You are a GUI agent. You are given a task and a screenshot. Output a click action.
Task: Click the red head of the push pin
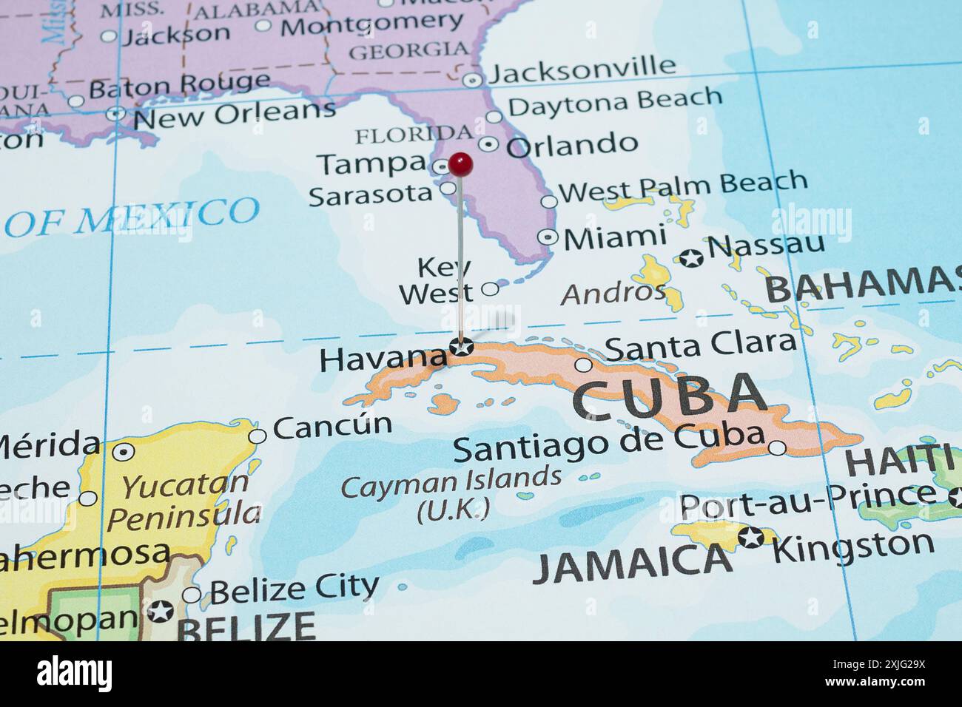coord(460,164)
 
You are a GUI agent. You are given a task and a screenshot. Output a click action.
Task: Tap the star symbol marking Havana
coord(462,345)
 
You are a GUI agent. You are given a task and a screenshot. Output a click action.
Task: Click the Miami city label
coord(614,237)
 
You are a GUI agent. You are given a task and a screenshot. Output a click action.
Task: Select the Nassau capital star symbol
coord(691,258)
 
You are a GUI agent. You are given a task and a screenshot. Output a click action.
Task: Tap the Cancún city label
coord(332,426)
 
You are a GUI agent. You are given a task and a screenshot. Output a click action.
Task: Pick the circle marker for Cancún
coord(257,436)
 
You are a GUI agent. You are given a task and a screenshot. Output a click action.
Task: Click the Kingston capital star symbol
coord(752,538)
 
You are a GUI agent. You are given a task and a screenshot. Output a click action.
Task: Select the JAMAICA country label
coord(633,562)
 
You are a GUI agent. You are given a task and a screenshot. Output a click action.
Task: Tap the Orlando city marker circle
coord(488,144)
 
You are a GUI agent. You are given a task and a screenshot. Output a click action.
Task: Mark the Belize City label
coord(294,589)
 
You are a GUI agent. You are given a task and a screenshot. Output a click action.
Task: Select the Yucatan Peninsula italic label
coord(184,500)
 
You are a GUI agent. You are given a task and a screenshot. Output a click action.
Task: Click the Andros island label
coord(613,293)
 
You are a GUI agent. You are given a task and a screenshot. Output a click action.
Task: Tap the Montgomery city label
coord(371,24)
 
